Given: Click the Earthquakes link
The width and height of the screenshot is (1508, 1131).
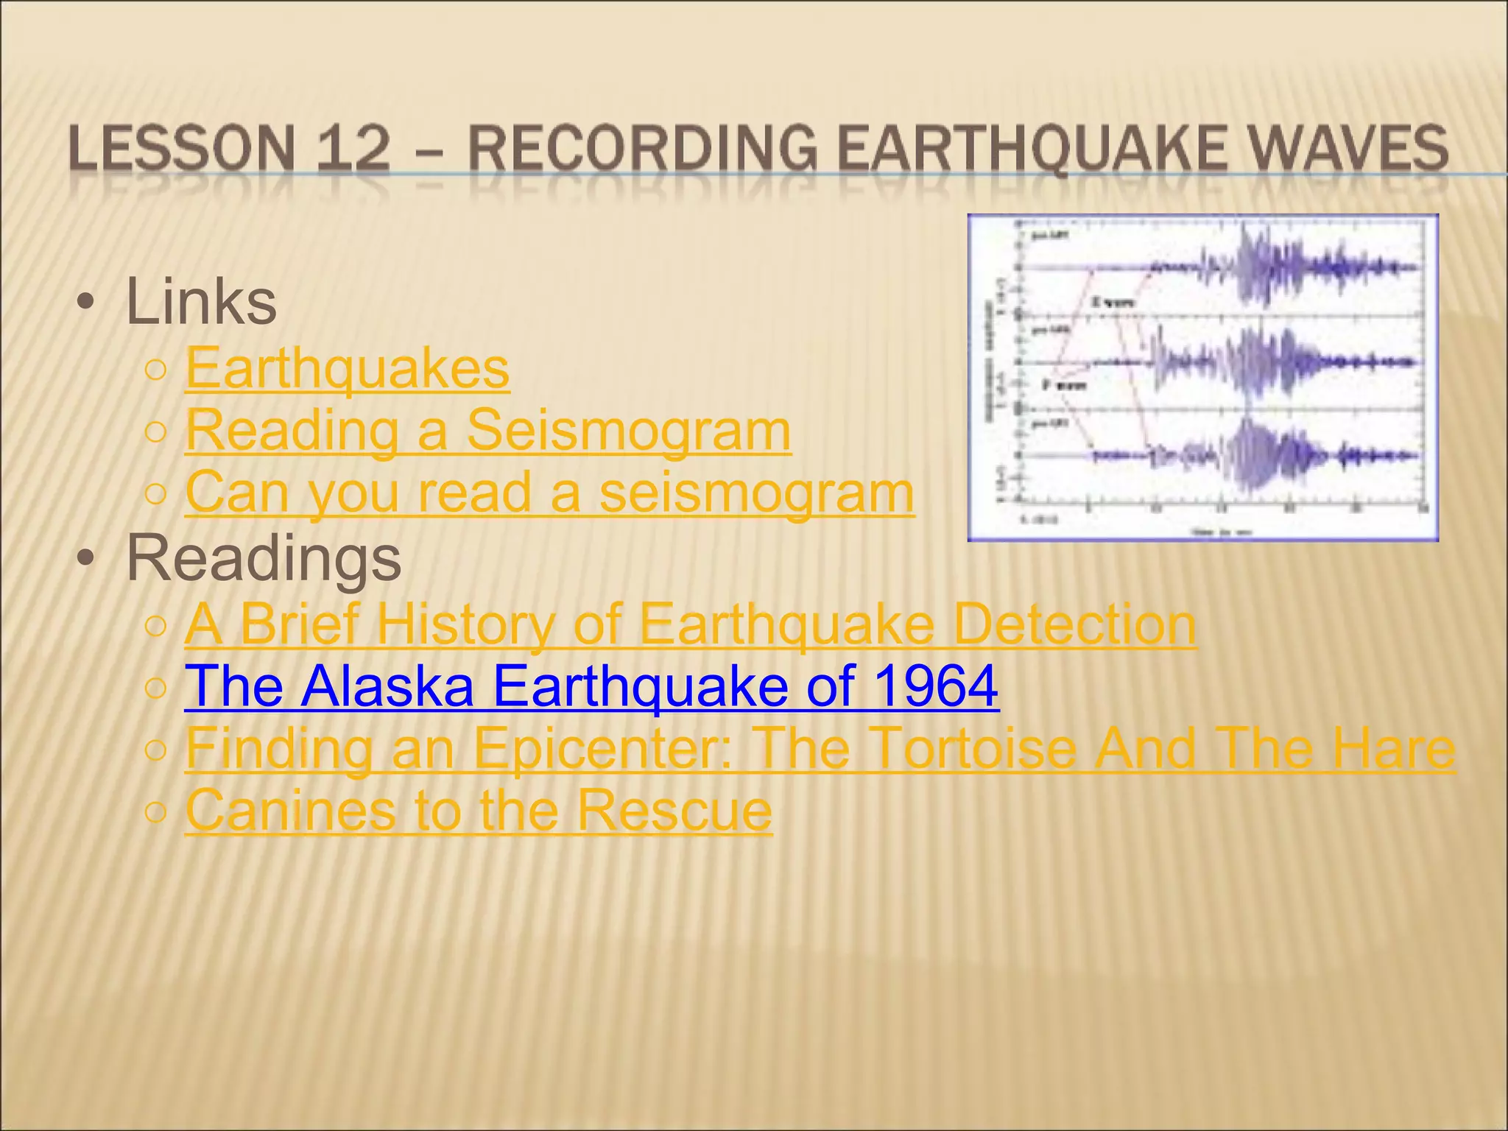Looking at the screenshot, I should click(347, 368).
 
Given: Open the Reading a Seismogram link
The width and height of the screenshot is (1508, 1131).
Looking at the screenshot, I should click(487, 430).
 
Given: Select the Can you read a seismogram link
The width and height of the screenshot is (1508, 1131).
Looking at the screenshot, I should click(549, 492).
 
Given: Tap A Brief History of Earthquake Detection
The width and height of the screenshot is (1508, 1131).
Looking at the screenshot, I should click(690, 624).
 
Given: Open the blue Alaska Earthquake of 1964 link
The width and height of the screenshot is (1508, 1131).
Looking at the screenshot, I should click(591, 686).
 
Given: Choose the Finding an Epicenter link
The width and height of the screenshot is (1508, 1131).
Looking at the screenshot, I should click(820, 748).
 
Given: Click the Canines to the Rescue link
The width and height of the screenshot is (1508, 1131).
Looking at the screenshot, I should click(479, 810).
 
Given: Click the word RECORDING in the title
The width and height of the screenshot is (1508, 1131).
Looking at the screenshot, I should click(642, 148).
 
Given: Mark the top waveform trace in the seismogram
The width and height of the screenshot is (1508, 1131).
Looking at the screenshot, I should click(1252, 267).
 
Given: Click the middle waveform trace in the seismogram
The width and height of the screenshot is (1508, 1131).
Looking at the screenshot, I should click(1252, 362).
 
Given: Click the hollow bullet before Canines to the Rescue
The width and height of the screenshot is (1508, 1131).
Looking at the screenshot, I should click(156, 812).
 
